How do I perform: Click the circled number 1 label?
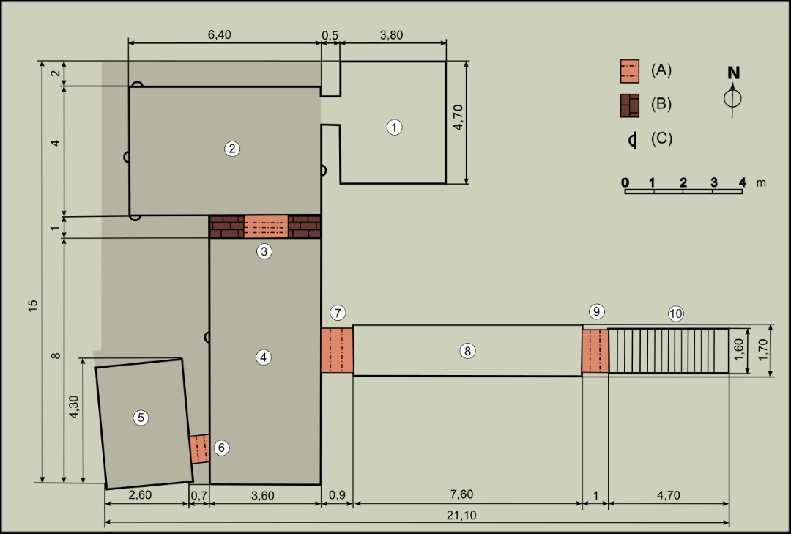click(394, 127)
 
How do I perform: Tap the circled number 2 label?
click(232, 149)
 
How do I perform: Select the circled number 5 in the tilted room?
click(141, 418)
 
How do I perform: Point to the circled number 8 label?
click(467, 351)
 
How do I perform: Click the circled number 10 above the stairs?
click(675, 314)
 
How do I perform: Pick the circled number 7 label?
click(338, 313)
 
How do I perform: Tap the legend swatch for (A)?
click(630, 71)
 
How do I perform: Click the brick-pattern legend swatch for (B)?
click(630, 105)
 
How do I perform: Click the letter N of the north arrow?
click(733, 73)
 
